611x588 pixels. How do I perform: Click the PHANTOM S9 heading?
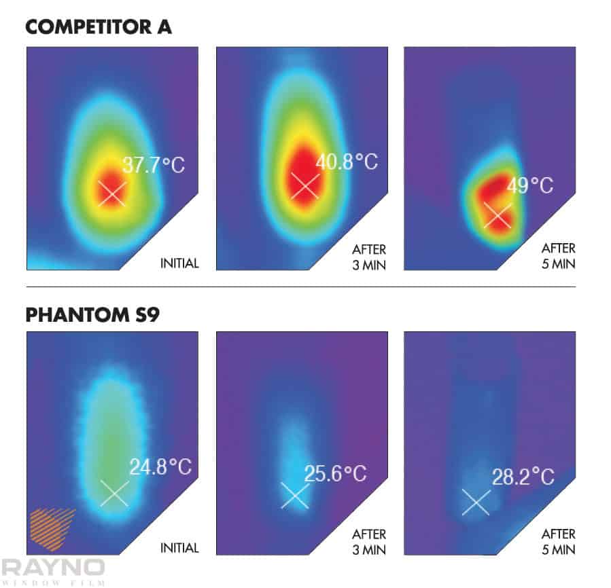(92, 315)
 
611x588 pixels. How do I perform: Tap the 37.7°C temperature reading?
(153, 165)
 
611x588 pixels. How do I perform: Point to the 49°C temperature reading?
(529, 185)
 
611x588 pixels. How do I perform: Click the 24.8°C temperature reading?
(160, 467)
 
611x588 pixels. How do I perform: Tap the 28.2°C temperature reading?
(523, 477)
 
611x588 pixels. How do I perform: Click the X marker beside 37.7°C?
(111, 193)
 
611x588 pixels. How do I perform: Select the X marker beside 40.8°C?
(304, 185)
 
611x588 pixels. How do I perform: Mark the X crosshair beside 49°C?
(497, 215)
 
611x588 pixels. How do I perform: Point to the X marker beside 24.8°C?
(114, 493)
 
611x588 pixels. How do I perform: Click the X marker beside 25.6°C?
(295, 495)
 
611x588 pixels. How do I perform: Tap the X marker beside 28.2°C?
(476, 502)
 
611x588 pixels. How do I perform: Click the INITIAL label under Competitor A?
(179, 263)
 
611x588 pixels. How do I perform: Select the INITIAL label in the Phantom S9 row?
(179, 548)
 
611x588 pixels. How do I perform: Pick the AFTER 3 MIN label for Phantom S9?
(369, 541)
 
